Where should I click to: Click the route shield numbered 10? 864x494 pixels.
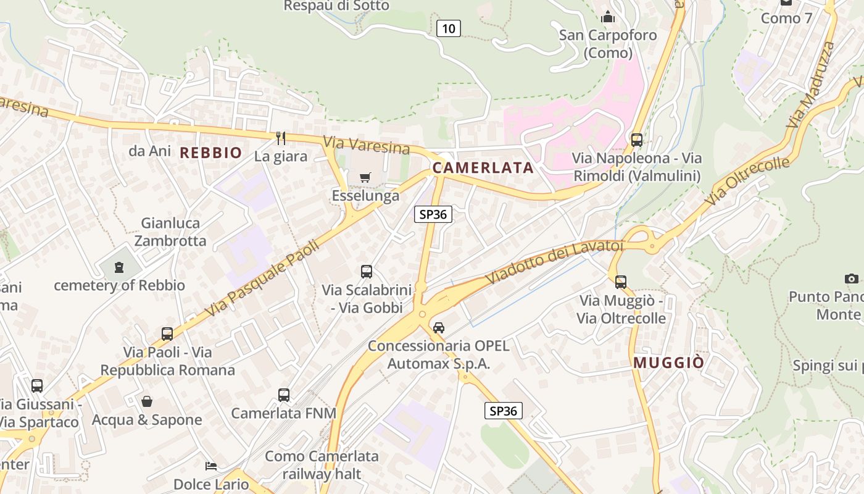(449, 28)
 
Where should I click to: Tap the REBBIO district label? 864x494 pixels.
(210, 153)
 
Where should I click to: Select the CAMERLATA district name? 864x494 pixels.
(483, 167)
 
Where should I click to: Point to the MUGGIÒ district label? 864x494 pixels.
(668, 362)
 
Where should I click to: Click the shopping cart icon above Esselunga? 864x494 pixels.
(365, 178)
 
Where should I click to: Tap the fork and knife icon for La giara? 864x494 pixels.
(281, 138)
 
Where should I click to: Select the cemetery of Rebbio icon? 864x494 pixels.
(118, 267)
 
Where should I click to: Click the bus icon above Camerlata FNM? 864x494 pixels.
(284, 395)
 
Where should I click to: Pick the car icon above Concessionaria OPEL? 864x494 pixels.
(439, 327)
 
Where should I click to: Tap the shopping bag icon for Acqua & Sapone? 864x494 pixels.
(147, 401)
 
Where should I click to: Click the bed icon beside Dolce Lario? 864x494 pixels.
(211, 466)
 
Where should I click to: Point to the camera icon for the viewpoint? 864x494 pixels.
(852, 278)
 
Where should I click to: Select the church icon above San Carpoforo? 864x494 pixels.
(608, 17)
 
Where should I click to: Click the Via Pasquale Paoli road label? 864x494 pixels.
(262, 278)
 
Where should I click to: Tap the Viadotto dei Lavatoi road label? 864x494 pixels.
(555, 262)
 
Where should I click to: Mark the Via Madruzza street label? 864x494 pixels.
(811, 85)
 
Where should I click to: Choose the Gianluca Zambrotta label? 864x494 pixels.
(170, 232)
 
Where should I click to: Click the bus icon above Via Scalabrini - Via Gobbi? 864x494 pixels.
(367, 271)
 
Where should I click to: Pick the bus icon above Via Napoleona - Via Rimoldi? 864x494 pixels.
(637, 140)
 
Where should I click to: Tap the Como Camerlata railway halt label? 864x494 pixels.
(322, 465)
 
